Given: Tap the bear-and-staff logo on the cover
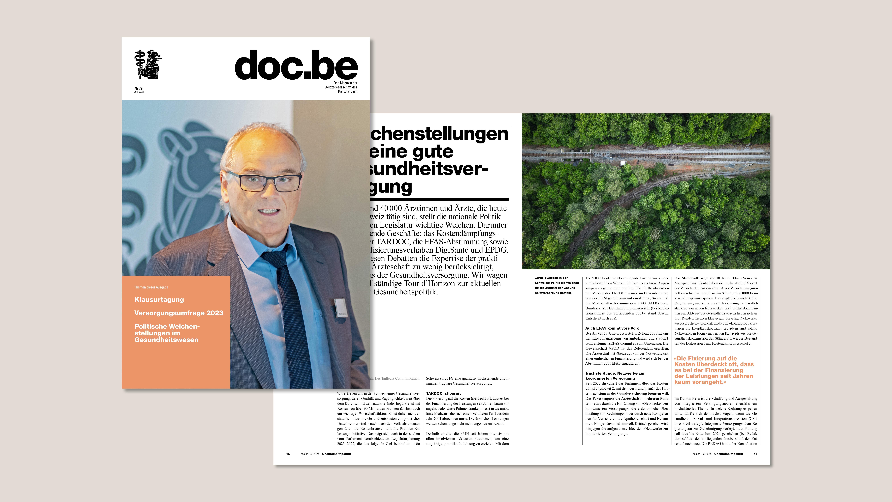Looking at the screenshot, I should click(x=148, y=64).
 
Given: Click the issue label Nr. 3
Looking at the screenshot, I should click(x=138, y=88).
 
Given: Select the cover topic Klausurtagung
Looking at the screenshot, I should click(x=159, y=300).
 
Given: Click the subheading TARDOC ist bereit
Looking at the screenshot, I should click(x=443, y=393).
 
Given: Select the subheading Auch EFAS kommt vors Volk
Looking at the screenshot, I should click(x=612, y=328).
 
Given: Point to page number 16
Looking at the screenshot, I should click(x=288, y=454).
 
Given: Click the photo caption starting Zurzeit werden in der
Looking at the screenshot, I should click(x=556, y=285).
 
